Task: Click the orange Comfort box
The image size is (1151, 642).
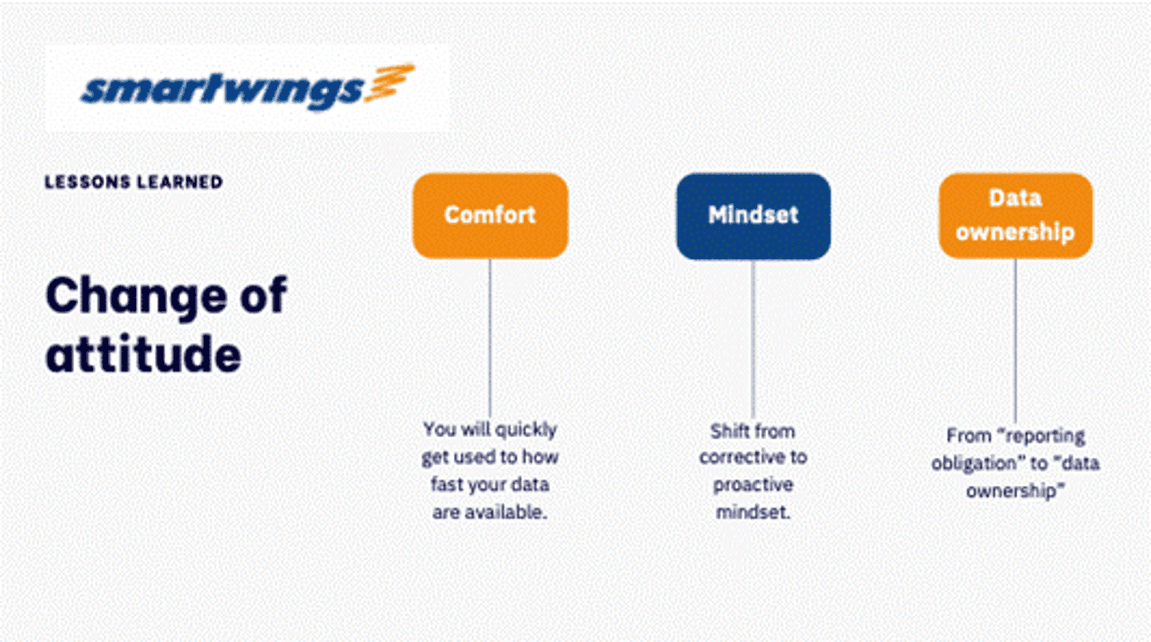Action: (490, 216)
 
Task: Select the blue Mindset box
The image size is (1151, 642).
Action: (753, 216)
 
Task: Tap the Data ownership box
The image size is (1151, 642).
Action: (1016, 216)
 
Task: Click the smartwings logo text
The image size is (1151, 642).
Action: (223, 91)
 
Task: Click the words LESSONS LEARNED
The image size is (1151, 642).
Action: (134, 182)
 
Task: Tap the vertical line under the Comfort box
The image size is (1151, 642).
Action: (490, 338)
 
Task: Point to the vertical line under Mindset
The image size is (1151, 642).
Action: (753, 339)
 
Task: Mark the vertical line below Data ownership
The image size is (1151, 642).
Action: (1015, 340)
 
